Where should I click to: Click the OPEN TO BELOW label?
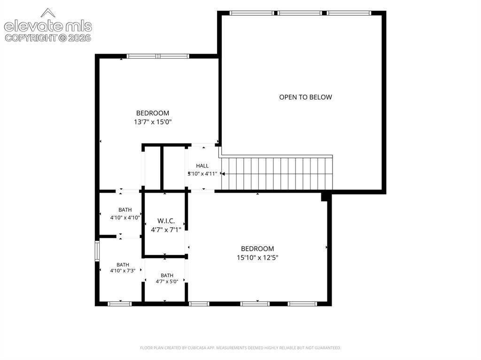305,97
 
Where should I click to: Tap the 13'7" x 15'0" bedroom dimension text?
153,122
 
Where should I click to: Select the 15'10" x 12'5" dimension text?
257,258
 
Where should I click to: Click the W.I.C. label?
166,221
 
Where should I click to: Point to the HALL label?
202,166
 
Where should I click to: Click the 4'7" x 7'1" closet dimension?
166,230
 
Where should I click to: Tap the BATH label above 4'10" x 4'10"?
125,210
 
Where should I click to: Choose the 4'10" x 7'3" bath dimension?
123,271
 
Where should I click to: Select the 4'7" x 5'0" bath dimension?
167,282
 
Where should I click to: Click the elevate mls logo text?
48,26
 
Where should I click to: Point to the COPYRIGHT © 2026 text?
48,38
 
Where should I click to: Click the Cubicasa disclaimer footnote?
240,348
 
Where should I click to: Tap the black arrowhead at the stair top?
223,174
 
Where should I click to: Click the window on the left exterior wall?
97,251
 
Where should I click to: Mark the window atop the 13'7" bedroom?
158,56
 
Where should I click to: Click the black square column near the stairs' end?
325,197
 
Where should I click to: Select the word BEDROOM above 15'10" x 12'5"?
257,249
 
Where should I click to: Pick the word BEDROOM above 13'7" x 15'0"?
153,113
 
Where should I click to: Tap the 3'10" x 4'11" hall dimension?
202,174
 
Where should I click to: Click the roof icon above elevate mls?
48,13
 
